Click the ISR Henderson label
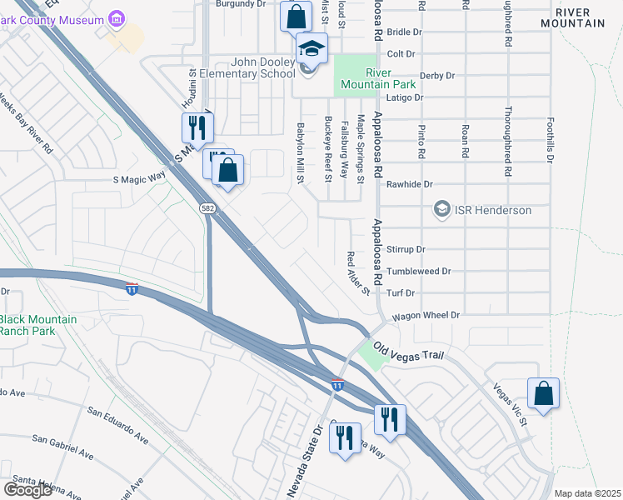[493, 210]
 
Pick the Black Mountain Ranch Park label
[38, 325]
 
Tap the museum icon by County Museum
[116, 18]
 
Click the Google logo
[27, 490]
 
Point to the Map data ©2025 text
[587, 493]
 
